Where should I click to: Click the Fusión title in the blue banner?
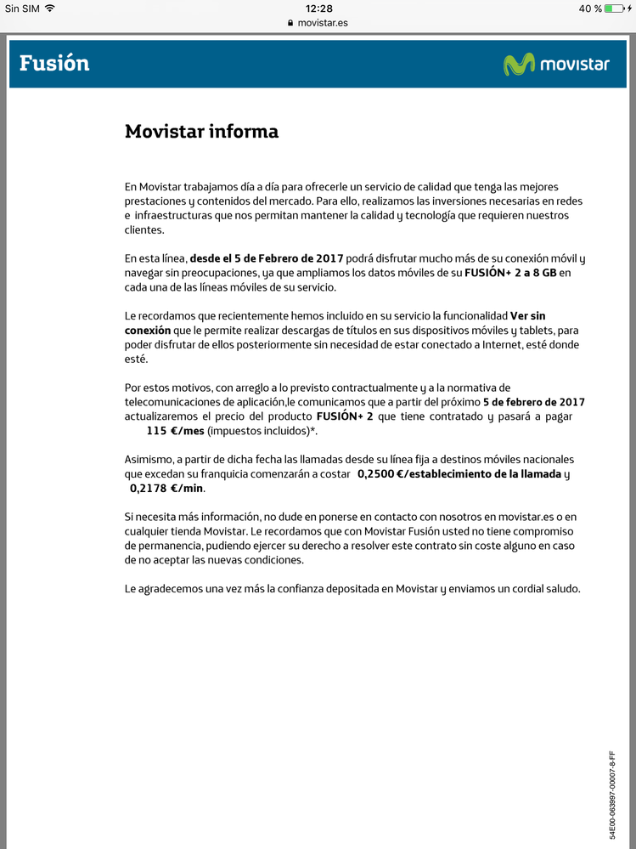click(x=54, y=64)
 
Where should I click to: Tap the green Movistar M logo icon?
click(x=519, y=65)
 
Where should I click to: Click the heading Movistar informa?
click(x=201, y=132)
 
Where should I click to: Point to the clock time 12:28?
click(x=318, y=8)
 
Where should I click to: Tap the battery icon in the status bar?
click(x=615, y=8)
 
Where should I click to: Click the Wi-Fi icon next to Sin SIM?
click(x=50, y=8)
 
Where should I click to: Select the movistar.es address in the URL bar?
click(x=323, y=23)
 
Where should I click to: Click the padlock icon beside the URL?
click(x=290, y=23)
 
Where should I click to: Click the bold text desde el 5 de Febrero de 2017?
click(x=267, y=258)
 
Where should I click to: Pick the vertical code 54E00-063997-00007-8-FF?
click(x=612, y=795)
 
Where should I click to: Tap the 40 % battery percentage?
click(x=591, y=8)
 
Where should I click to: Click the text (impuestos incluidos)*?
click(x=264, y=431)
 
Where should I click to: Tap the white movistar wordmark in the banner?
click(x=574, y=65)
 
